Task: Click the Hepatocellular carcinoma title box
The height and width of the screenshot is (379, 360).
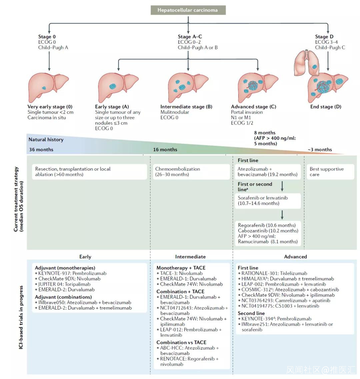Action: [x=188, y=10]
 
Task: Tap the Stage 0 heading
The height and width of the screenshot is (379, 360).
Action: [x=45, y=37]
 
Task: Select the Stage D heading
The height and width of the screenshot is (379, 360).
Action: [x=324, y=37]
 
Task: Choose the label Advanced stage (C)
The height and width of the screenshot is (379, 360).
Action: [x=253, y=107]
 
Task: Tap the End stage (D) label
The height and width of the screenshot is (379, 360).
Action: [x=326, y=107]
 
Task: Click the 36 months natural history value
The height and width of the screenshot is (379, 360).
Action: [x=41, y=149]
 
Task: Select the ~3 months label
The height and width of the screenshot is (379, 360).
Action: [x=320, y=149]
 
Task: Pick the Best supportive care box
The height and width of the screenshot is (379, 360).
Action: [x=329, y=171]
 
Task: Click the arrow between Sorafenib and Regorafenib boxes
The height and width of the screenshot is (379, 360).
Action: [x=282, y=215]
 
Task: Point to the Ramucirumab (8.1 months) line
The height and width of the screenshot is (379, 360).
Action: [x=268, y=242]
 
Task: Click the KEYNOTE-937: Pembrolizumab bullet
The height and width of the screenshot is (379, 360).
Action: [x=72, y=273]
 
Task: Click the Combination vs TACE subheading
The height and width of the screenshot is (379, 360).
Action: [x=181, y=342]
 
